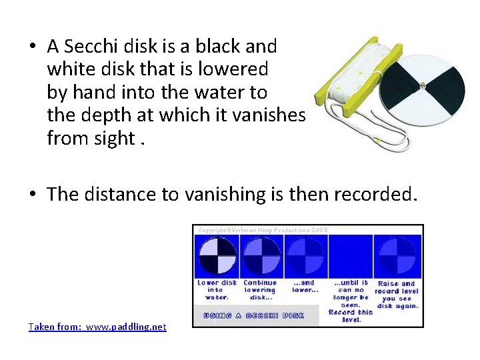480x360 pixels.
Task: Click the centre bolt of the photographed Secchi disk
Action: tap(421, 85)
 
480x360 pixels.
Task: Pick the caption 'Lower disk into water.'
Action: tap(217, 289)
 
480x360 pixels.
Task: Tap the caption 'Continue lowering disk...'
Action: tap(259, 289)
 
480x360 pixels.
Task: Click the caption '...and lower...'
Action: tap(303, 286)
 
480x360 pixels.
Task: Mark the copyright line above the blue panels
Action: tap(262, 230)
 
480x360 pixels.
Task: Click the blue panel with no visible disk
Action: tap(350, 257)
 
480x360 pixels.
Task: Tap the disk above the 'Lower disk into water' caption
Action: tap(217, 257)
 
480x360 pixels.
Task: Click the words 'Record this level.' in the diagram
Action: tap(351, 316)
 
